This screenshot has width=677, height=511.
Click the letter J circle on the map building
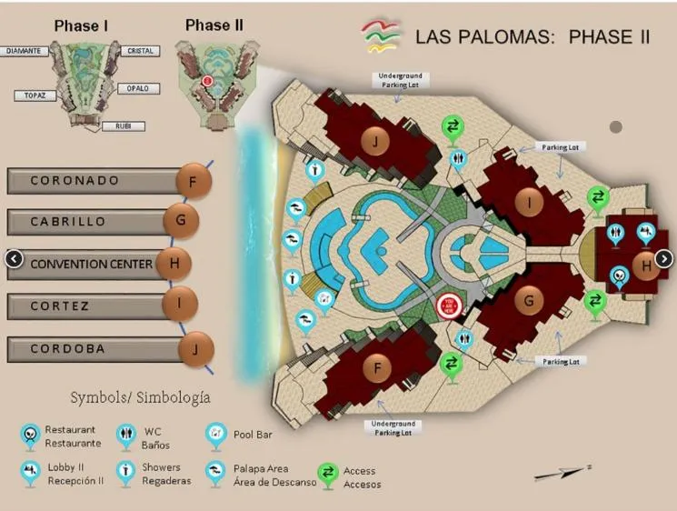[x=374, y=141]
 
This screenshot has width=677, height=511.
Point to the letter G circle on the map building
[x=528, y=299]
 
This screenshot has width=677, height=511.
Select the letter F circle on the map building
[x=377, y=368]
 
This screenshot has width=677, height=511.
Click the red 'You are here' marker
[x=448, y=306]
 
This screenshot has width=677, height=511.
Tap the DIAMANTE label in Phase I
[x=23, y=52]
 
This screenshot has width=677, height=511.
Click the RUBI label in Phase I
[x=123, y=126]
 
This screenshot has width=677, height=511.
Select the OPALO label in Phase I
[x=138, y=89]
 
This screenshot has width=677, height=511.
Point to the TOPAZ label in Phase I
[x=35, y=94]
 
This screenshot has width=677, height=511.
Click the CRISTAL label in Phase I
[x=140, y=52]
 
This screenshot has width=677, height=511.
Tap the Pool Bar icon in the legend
[x=215, y=434]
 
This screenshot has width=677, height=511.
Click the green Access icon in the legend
[x=327, y=474]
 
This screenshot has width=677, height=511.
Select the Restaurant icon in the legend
[x=31, y=435]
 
